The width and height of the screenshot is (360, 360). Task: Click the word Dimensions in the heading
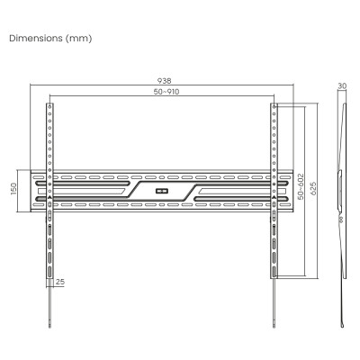click(36, 39)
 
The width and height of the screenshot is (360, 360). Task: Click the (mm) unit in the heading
click(78, 39)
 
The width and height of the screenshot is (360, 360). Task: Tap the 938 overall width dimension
click(165, 81)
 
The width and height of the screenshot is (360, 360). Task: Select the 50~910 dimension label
click(166, 92)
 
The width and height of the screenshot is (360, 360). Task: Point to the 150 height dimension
click(14, 189)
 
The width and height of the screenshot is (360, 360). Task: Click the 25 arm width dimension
click(60, 282)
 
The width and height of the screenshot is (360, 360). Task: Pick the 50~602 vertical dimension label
click(301, 186)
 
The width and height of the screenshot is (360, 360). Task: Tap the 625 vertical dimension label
click(313, 188)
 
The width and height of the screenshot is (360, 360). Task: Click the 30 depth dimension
click(342, 86)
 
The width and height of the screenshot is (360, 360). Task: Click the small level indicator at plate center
click(161, 191)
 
